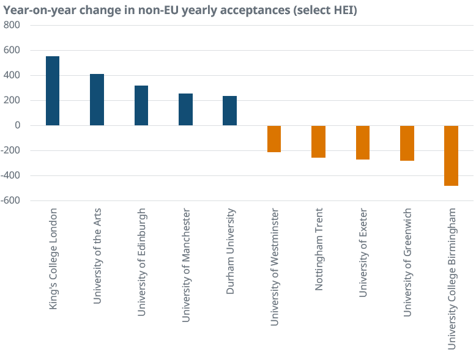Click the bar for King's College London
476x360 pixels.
coord(53,91)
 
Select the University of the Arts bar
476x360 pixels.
coord(97,100)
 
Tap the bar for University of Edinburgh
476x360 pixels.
coord(141,106)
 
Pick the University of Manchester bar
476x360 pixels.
coord(185,109)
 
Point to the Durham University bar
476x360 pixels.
coord(229,111)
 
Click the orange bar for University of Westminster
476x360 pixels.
coord(273,139)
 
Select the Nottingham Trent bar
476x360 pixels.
coord(318,142)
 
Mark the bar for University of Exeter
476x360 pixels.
coord(363,142)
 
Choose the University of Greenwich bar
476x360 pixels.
coord(407,143)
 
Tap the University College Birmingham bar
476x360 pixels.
coord(451,155)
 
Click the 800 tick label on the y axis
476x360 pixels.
coord(12,25)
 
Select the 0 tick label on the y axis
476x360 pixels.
coord(18,125)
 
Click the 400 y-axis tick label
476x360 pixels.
coord(12,75)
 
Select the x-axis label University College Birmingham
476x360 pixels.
coord(452,278)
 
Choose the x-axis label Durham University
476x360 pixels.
coord(230,252)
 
